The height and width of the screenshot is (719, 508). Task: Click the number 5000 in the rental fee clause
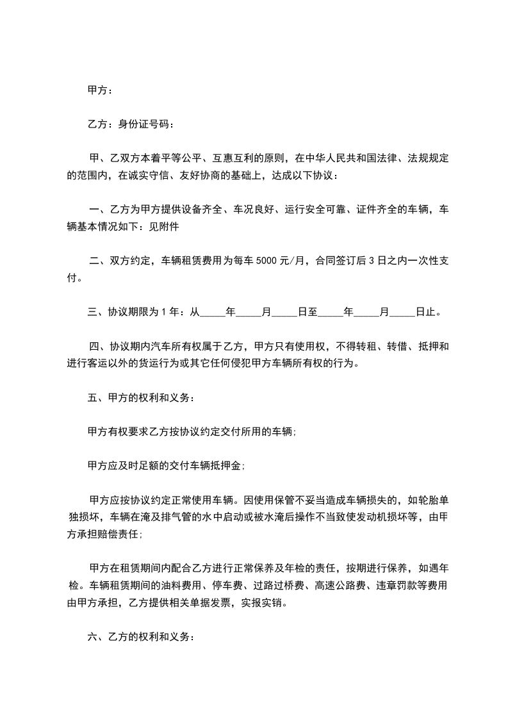coord(267,261)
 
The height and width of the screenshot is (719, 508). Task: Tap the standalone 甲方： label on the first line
coord(100,90)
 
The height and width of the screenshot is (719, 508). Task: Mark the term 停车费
coord(225,586)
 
